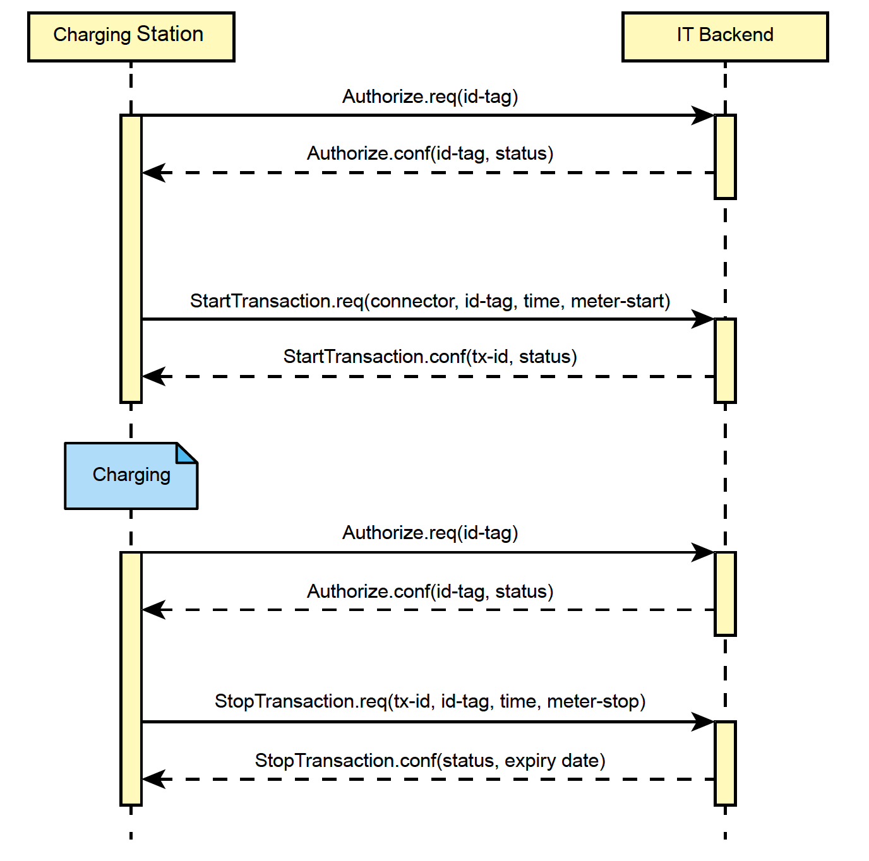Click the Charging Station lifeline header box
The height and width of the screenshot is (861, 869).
(x=131, y=37)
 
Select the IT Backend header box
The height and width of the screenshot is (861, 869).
(x=724, y=37)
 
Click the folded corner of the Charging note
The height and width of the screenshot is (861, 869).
(x=188, y=452)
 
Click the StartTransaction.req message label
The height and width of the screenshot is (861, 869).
(x=429, y=301)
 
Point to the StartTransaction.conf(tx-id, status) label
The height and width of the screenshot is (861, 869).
(x=429, y=357)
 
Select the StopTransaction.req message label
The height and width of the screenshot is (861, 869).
(x=429, y=701)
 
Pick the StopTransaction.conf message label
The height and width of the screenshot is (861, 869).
(x=429, y=761)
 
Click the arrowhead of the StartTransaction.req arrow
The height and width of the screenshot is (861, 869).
(x=704, y=319)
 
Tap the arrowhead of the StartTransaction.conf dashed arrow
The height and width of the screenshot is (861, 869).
(x=153, y=376)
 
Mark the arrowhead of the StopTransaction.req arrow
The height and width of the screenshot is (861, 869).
(x=704, y=721)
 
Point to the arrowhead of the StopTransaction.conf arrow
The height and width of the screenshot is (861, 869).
(x=153, y=779)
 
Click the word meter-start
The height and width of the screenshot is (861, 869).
(x=620, y=301)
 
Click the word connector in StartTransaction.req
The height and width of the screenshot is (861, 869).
(x=412, y=301)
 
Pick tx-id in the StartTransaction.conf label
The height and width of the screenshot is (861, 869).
(x=490, y=357)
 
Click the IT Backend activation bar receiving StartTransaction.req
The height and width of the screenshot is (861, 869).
(x=725, y=360)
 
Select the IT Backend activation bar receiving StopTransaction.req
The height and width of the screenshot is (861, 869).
(x=725, y=763)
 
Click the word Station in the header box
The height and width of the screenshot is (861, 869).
(x=170, y=34)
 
